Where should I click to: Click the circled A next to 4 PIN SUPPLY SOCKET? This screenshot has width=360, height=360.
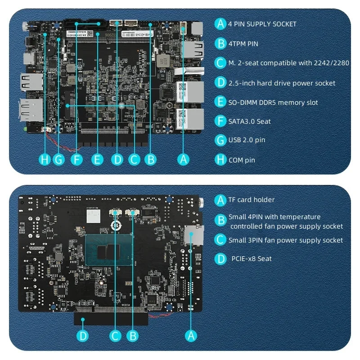(220, 24)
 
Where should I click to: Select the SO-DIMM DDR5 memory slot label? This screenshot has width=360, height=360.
(273, 103)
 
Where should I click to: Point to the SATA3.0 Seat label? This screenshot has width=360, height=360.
(249, 121)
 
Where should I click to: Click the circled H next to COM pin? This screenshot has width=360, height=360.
(220, 160)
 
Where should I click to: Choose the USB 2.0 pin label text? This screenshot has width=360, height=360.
(247, 140)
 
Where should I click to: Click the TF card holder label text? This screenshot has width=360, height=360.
(251, 200)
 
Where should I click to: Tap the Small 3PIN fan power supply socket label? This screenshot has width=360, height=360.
(285, 240)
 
